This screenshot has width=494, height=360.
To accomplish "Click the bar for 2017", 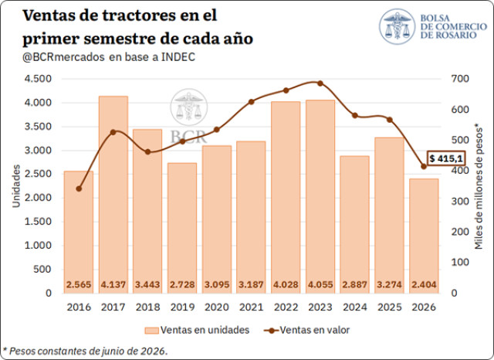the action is (113, 195).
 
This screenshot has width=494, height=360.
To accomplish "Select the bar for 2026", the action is (424, 236).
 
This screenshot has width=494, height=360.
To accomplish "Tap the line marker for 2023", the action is (320, 83).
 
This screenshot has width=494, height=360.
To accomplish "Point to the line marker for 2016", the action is (79, 188).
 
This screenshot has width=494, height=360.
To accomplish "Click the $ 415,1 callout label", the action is (446, 158).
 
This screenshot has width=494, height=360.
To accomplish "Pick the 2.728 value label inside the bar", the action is (182, 284).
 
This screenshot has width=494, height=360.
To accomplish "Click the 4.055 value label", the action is (320, 284).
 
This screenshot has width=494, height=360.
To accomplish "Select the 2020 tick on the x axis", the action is (217, 307).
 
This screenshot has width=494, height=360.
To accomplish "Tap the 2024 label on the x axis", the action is (355, 307).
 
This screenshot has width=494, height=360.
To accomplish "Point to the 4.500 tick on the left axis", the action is (38, 79).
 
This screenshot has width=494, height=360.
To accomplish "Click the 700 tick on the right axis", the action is (460, 79).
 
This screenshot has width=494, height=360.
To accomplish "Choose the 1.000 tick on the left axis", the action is (38, 245).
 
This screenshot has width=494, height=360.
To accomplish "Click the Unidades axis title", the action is (16, 186).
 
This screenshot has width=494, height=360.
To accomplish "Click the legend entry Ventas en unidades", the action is (197, 330).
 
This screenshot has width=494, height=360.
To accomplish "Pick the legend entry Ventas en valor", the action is (307, 330).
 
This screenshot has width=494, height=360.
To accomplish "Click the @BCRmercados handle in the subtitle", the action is (63, 57).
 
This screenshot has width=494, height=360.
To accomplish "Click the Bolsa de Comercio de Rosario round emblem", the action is (398, 26).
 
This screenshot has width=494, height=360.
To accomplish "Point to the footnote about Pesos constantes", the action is (85, 351).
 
